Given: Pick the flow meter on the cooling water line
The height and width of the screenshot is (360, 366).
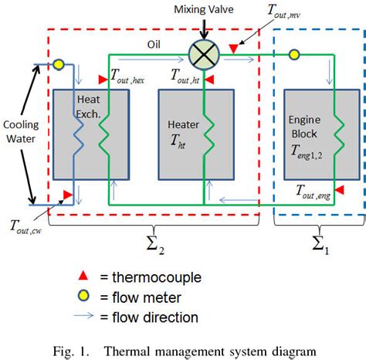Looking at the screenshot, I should (x=58, y=63).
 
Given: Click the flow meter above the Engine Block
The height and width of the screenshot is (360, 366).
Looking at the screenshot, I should (x=293, y=55).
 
